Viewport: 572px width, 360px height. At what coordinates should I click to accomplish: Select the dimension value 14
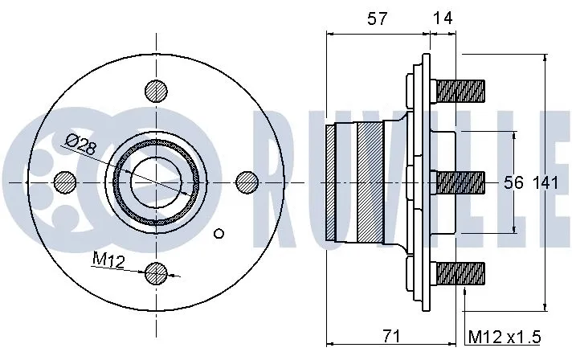click(x=441, y=20)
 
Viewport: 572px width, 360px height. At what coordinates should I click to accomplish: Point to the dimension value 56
click(x=513, y=183)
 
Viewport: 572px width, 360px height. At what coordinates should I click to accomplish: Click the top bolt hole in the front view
click(x=157, y=91)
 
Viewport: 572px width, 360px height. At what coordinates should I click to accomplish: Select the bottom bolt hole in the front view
click(x=157, y=273)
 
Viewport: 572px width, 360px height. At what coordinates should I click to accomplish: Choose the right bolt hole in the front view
click(x=247, y=182)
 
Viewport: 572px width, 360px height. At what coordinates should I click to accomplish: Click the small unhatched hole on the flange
click(x=220, y=234)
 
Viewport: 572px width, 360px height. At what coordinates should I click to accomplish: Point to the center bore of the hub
click(x=156, y=182)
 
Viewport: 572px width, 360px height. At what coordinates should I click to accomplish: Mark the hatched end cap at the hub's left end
click(x=330, y=182)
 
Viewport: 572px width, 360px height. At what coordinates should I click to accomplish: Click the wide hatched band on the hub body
click(x=370, y=182)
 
